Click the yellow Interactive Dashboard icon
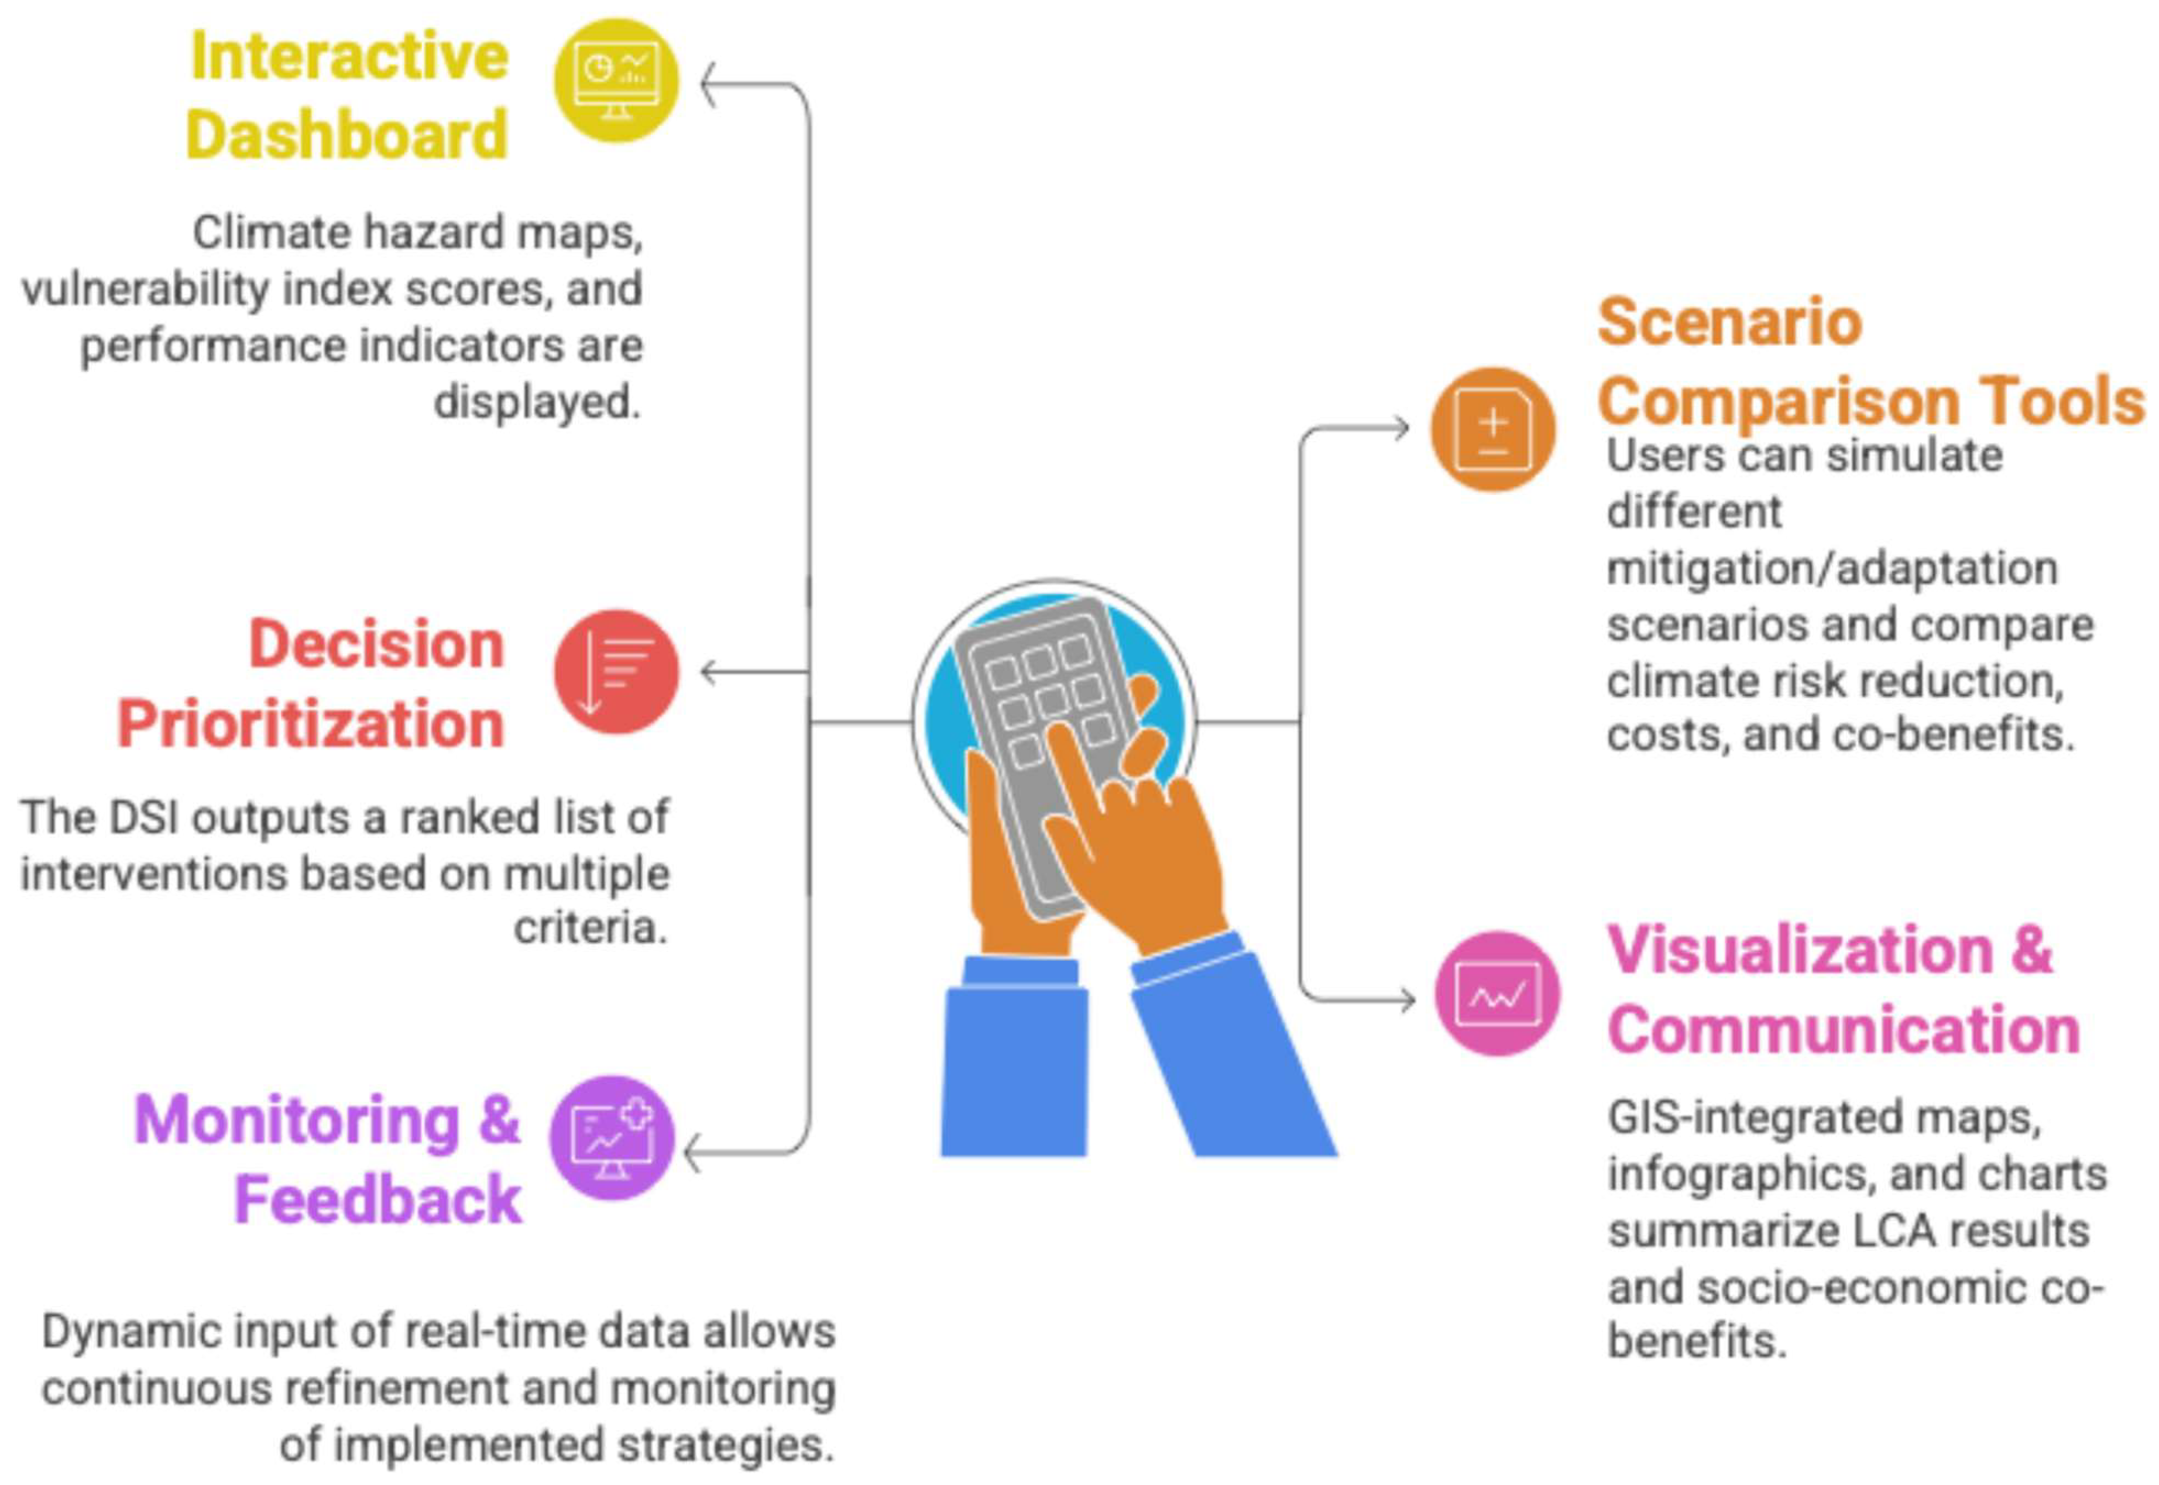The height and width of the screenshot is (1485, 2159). [616, 80]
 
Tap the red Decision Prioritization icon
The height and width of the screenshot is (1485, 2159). [616, 672]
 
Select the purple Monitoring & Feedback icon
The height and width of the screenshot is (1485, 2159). [612, 1138]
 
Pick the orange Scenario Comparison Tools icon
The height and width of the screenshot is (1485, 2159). [1492, 429]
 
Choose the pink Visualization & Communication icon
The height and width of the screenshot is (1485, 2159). [1496, 994]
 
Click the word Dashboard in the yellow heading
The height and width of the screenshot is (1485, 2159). [347, 136]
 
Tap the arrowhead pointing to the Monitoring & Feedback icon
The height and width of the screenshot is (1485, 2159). [694, 1154]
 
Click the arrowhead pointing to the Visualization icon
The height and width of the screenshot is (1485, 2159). [1404, 1000]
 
